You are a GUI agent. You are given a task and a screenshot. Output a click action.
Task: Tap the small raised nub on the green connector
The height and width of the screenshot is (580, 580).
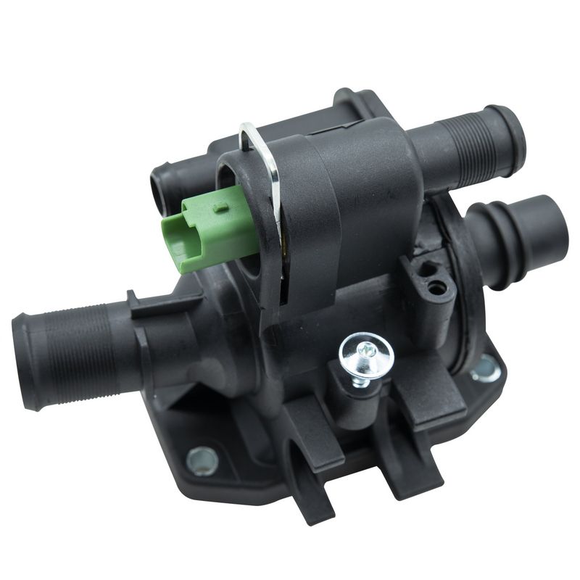click(220, 207)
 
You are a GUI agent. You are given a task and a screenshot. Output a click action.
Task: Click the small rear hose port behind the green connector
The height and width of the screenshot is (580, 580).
click(161, 190)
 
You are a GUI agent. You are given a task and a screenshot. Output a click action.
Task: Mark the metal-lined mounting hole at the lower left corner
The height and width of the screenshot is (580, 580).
click(202, 459)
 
